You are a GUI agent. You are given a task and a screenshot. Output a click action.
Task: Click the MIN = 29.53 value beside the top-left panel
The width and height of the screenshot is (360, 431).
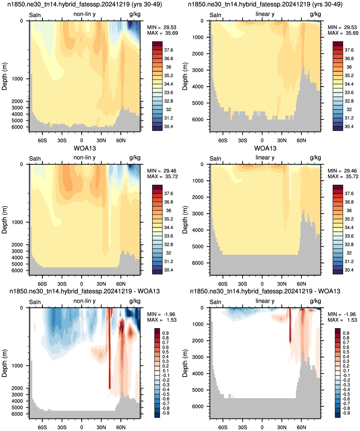tap(162, 27)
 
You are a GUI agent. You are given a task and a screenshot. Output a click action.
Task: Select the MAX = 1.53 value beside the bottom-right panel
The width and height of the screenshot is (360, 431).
tap(342, 320)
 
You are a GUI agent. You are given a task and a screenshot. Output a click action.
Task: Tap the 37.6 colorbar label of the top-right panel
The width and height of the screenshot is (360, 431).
tap(349, 50)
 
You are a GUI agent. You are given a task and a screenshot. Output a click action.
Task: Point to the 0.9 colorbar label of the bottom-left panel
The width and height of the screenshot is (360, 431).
tap(165, 333)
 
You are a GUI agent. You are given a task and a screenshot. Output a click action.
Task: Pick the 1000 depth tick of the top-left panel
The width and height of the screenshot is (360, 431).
tap(17, 79)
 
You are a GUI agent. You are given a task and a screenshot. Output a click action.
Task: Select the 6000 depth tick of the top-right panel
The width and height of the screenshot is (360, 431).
tap(198, 119)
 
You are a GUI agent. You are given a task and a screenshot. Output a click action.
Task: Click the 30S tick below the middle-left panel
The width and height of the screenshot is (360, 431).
tap(62, 284)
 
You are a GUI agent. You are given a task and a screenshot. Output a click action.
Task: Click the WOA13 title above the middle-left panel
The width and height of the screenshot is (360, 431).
tap(85, 148)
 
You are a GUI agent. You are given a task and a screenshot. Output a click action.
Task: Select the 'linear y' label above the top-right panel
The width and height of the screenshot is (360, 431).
tap(265, 14)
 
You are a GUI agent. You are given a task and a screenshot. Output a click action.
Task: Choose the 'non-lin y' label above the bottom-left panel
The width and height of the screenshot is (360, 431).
tap(84, 301)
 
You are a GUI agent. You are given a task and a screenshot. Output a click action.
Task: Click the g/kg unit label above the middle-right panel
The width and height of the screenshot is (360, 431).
tap(315, 158)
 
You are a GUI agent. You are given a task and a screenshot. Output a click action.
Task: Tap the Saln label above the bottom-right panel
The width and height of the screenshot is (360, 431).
tap(215, 302)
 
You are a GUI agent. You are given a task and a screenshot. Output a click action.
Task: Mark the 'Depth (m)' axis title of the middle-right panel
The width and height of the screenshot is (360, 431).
tap(185, 220)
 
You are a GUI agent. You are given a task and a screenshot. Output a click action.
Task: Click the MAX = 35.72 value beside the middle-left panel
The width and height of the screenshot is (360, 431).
tap(162, 176)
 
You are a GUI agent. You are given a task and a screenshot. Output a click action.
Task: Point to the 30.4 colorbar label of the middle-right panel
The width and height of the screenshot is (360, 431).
tap(349, 270)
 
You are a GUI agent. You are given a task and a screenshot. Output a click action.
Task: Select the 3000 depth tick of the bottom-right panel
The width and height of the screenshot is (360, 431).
tap(198, 357)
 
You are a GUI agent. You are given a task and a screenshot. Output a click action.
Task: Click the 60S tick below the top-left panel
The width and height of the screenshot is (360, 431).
tap(42, 140)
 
